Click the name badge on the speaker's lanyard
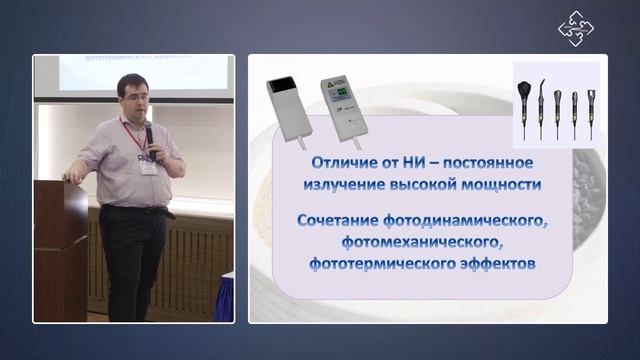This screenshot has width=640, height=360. pos(148,167)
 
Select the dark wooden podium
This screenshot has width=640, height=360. pos(59,250)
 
